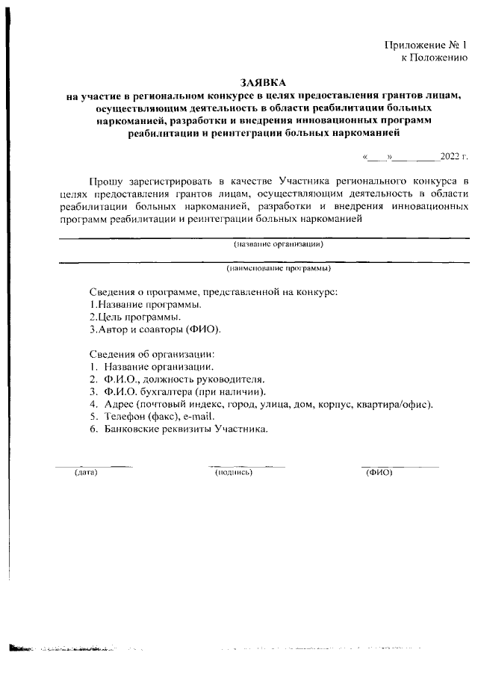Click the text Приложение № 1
[426, 46]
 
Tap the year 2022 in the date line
[450, 157]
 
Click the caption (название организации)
[278, 244]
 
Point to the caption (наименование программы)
[279, 267]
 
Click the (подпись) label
[234, 473]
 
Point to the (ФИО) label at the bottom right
[379, 473]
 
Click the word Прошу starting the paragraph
[105, 181]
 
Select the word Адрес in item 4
[119, 405]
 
